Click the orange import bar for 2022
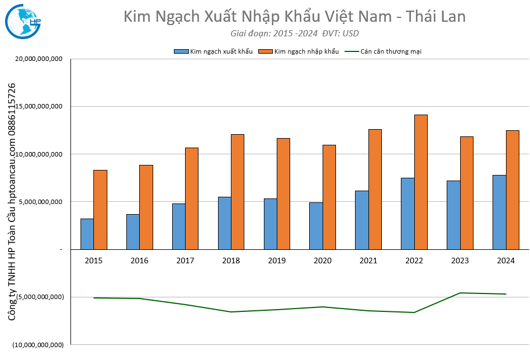[x=421, y=182]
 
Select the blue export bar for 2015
[x=87, y=234]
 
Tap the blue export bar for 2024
[x=499, y=212]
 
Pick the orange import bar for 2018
[x=238, y=191]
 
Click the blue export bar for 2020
[x=316, y=225]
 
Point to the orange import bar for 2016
[x=146, y=207]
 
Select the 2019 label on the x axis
[x=277, y=260]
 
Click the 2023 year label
[x=460, y=260]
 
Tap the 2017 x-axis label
[x=185, y=260]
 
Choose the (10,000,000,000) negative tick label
[x=39, y=345]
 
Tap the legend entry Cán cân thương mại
[x=391, y=51]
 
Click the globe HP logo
[x=22, y=20]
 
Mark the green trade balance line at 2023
[x=460, y=293]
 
